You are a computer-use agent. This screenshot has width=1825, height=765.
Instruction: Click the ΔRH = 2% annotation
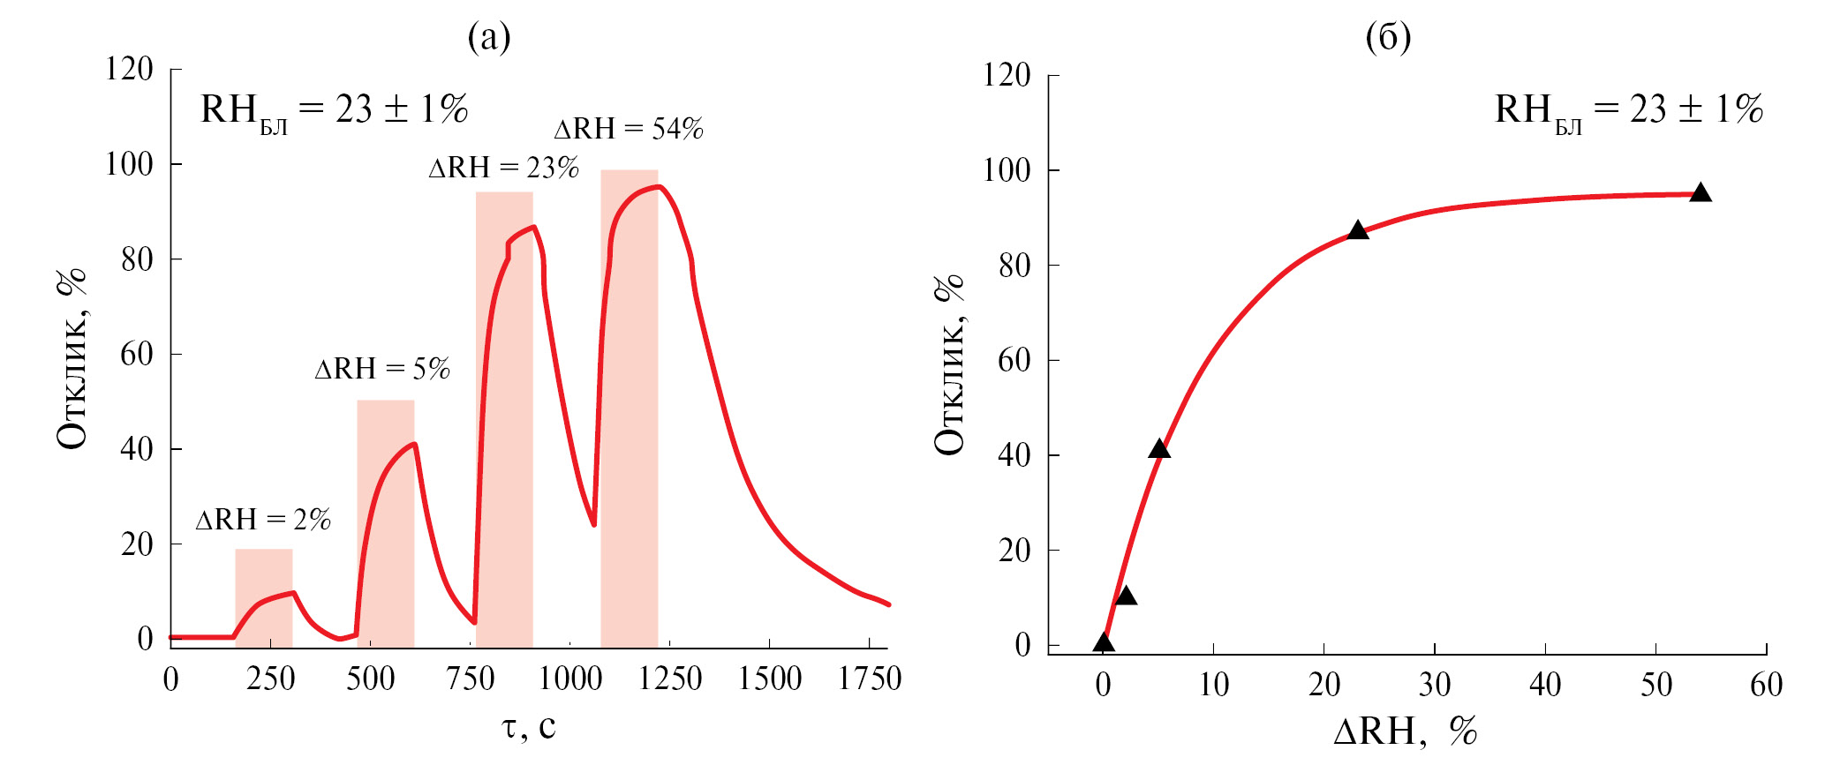click(x=263, y=520)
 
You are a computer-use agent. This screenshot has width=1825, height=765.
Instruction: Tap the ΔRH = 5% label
click(x=382, y=368)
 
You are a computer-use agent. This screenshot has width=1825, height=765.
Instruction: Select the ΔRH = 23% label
click(x=503, y=168)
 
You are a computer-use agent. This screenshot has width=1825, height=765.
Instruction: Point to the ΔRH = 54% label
click(x=629, y=129)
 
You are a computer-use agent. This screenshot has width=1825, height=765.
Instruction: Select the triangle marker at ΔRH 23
click(x=1358, y=230)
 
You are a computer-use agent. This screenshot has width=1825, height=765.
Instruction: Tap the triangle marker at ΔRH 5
click(x=1159, y=449)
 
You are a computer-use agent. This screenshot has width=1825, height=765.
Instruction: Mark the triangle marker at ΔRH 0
click(x=1104, y=642)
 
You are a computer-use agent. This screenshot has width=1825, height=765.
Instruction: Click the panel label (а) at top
click(x=489, y=37)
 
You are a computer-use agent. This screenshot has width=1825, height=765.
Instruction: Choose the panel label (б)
click(x=1388, y=37)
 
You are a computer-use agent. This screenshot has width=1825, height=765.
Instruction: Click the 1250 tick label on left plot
click(x=670, y=679)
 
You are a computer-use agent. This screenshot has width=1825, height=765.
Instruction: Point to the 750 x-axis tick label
click(x=471, y=679)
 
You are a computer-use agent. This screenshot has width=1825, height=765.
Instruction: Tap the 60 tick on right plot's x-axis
click(x=1767, y=685)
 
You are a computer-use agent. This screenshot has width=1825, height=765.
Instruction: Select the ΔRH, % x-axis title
click(x=1404, y=731)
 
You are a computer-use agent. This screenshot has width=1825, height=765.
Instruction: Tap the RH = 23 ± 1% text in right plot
click(x=1628, y=110)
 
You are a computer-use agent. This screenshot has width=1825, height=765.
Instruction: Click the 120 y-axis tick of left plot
click(x=129, y=69)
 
